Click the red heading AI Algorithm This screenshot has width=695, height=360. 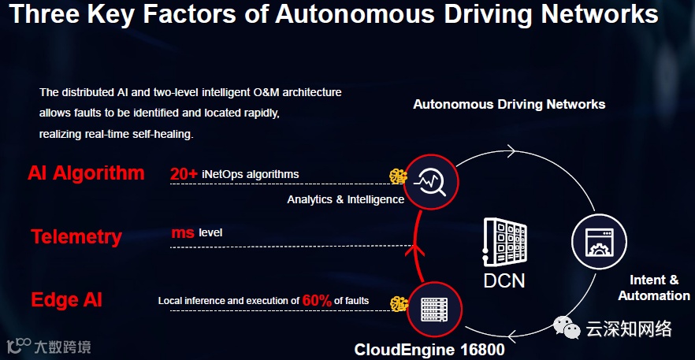[86, 173]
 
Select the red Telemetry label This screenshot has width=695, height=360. [76, 237]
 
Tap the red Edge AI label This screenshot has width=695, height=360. [67, 300]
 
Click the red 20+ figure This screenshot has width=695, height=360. [184, 174]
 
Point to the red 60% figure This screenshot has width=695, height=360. [317, 300]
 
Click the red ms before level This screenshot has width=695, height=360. [183, 233]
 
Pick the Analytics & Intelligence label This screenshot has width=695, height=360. [345, 199]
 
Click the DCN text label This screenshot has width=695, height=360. [504, 280]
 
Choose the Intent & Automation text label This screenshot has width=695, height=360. [653, 288]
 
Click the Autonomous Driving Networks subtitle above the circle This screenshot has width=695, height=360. [509, 104]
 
